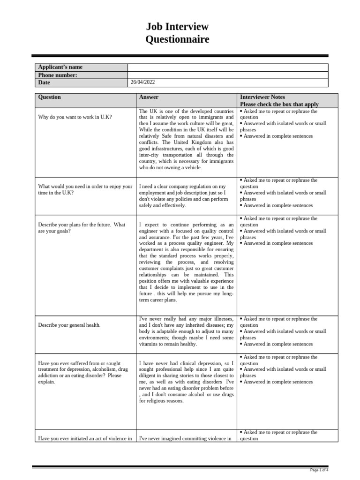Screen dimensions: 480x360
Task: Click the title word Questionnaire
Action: [x=177, y=39]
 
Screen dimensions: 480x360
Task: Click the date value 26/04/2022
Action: [x=143, y=82]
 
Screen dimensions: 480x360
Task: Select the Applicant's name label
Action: [x=60, y=67]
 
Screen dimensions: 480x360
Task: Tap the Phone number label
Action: [x=58, y=75]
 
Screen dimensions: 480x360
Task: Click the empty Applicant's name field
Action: [x=228, y=67]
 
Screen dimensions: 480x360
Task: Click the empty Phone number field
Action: [x=228, y=75]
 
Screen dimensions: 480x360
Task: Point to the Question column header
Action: [x=49, y=97]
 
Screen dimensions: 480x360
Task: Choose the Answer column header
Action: [x=149, y=97]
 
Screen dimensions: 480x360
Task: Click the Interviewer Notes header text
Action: [x=262, y=97]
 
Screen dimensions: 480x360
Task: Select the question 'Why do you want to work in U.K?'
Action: [x=75, y=117]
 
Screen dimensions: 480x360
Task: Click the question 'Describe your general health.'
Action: [x=69, y=325]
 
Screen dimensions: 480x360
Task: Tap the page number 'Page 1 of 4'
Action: [x=320, y=470]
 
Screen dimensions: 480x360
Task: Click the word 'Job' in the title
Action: [x=157, y=27]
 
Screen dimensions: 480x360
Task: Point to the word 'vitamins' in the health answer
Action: [x=150, y=344]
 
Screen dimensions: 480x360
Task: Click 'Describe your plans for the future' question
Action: [x=75, y=225]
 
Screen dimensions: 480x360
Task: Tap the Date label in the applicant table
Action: [x=44, y=82]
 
